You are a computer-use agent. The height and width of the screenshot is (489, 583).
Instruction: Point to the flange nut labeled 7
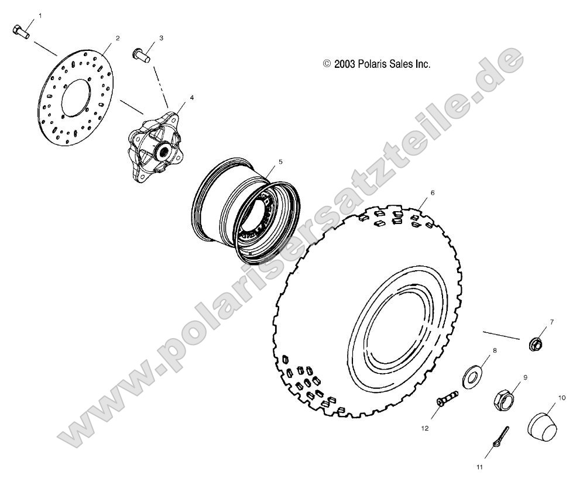tap(536, 345)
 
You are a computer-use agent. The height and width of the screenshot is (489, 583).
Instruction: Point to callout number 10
tap(562, 398)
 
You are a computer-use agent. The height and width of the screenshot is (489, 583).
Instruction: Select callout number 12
tap(424, 428)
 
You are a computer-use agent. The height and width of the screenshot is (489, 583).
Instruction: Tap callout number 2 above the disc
tap(118, 38)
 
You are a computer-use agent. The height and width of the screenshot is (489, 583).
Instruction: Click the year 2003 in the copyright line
tap(345, 64)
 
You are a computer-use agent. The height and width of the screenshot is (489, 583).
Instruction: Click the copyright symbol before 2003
tap(327, 64)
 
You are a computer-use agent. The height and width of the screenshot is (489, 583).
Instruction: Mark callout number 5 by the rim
tap(280, 160)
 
